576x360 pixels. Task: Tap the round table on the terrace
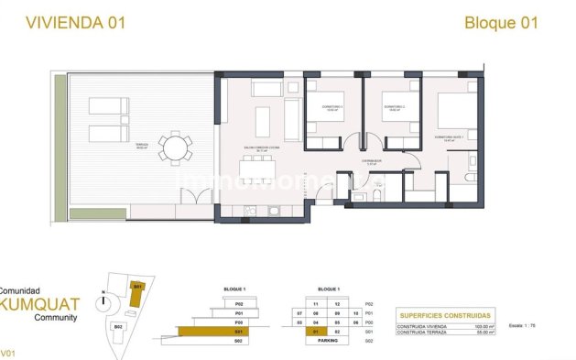[175, 147]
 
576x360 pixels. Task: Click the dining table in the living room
[258, 169]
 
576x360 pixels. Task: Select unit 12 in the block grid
[338, 303]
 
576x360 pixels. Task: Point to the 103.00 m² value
[484, 326]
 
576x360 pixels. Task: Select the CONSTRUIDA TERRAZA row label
[424, 333]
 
